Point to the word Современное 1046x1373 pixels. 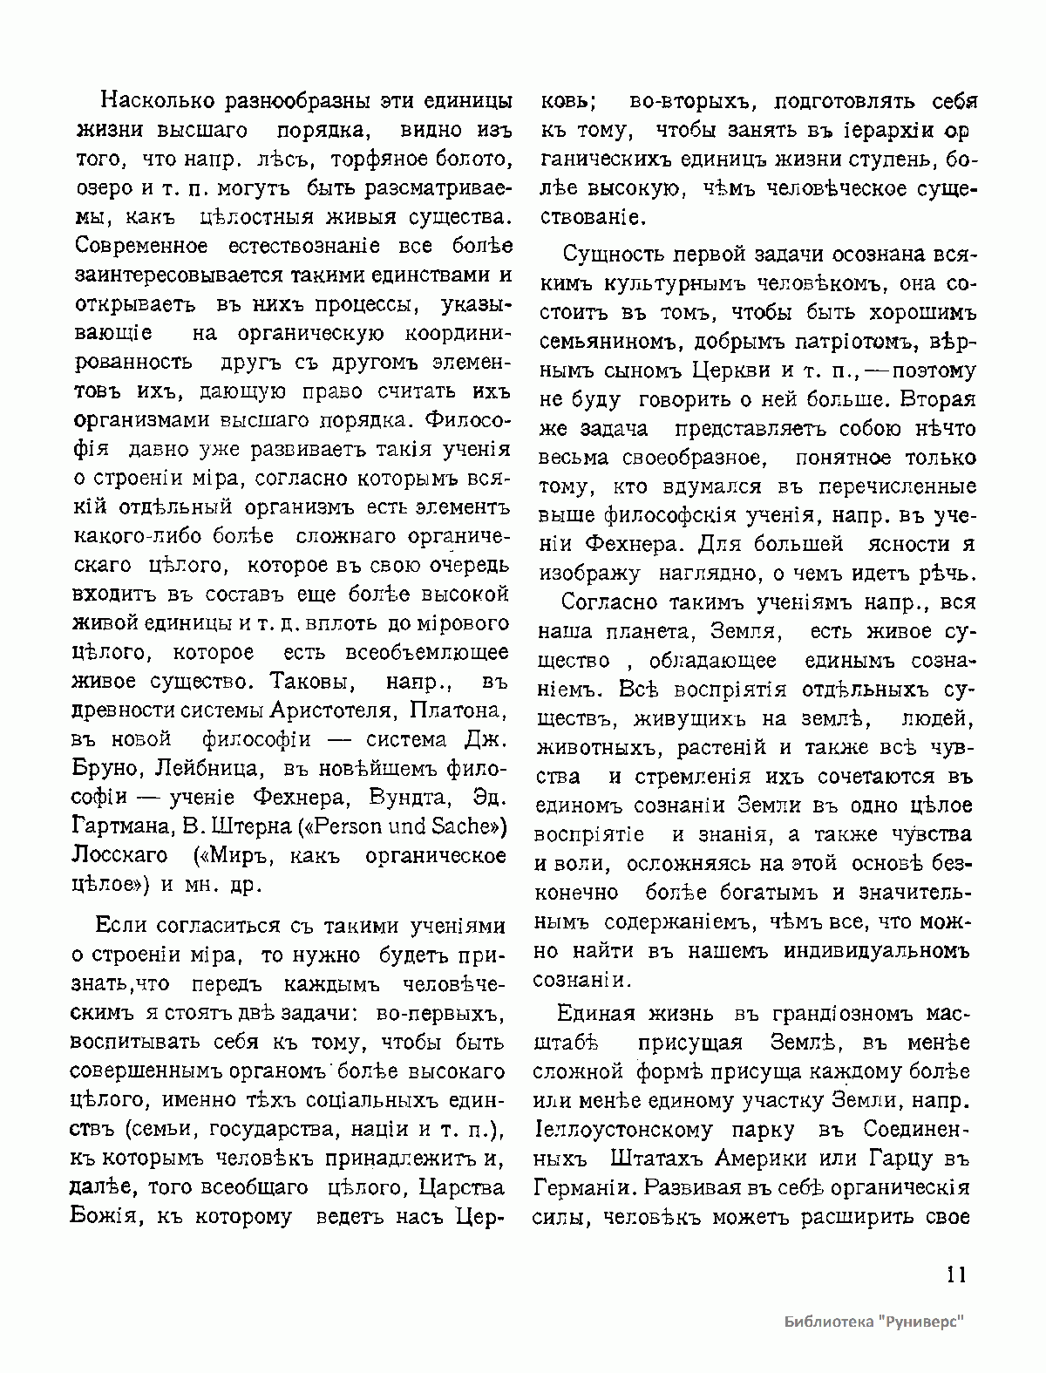coord(132,245)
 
